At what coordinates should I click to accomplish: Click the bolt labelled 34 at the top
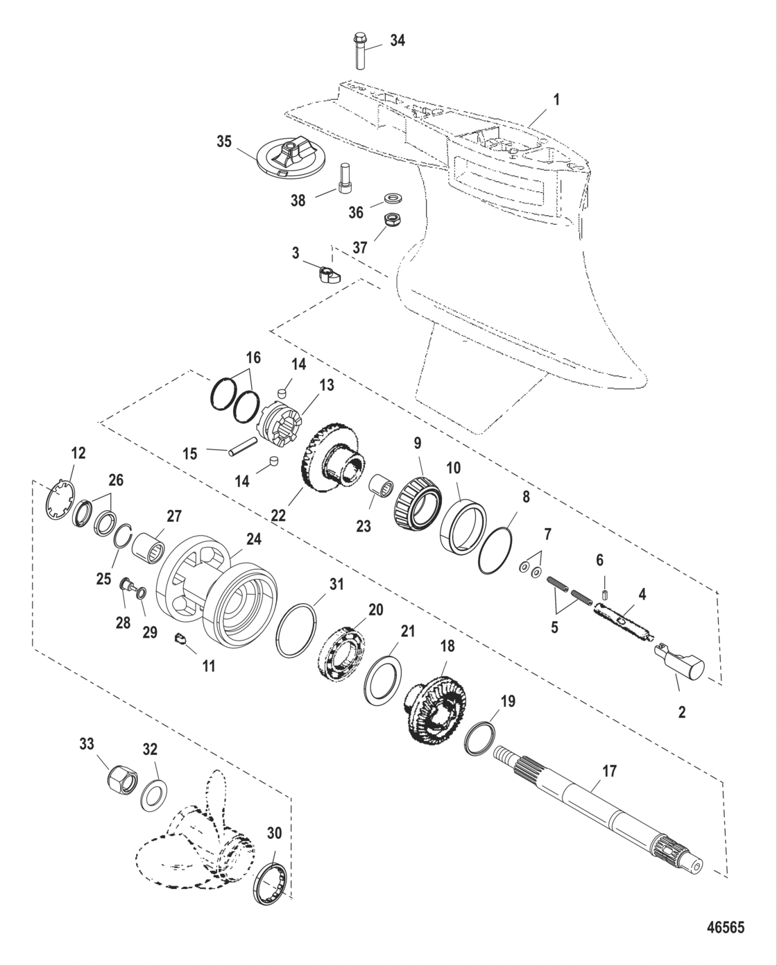pyautogui.click(x=361, y=50)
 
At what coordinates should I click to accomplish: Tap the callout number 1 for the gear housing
pyautogui.click(x=556, y=100)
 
